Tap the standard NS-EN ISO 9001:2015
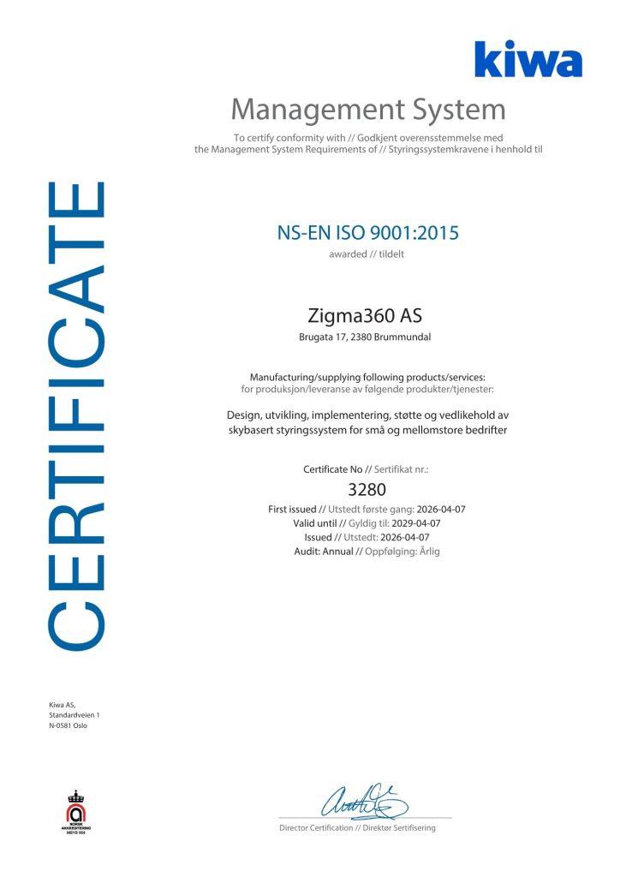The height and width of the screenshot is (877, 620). pyautogui.click(x=368, y=233)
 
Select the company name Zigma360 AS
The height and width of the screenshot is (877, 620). pyautogui.click(x=368, y=316)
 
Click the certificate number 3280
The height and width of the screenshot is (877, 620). pyautogui.click(x=368, y=491)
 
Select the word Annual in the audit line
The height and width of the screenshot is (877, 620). pyautogui.click(x=336, y=552)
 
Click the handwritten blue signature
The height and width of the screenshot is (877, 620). pyautogui.click(x=363, y=802)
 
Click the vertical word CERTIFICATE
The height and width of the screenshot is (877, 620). pyautogui.click(x=78, y=413)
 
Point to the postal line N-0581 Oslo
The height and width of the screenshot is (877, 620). pyautogui.click(x=69, y=725)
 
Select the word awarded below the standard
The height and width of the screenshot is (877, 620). pyautogui.click(x=347, y=254)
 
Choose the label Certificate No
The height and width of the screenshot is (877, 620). pyautogui.click(x=331, y=470)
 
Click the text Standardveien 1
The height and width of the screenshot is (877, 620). pyautogui.click(x=75, y=715)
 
